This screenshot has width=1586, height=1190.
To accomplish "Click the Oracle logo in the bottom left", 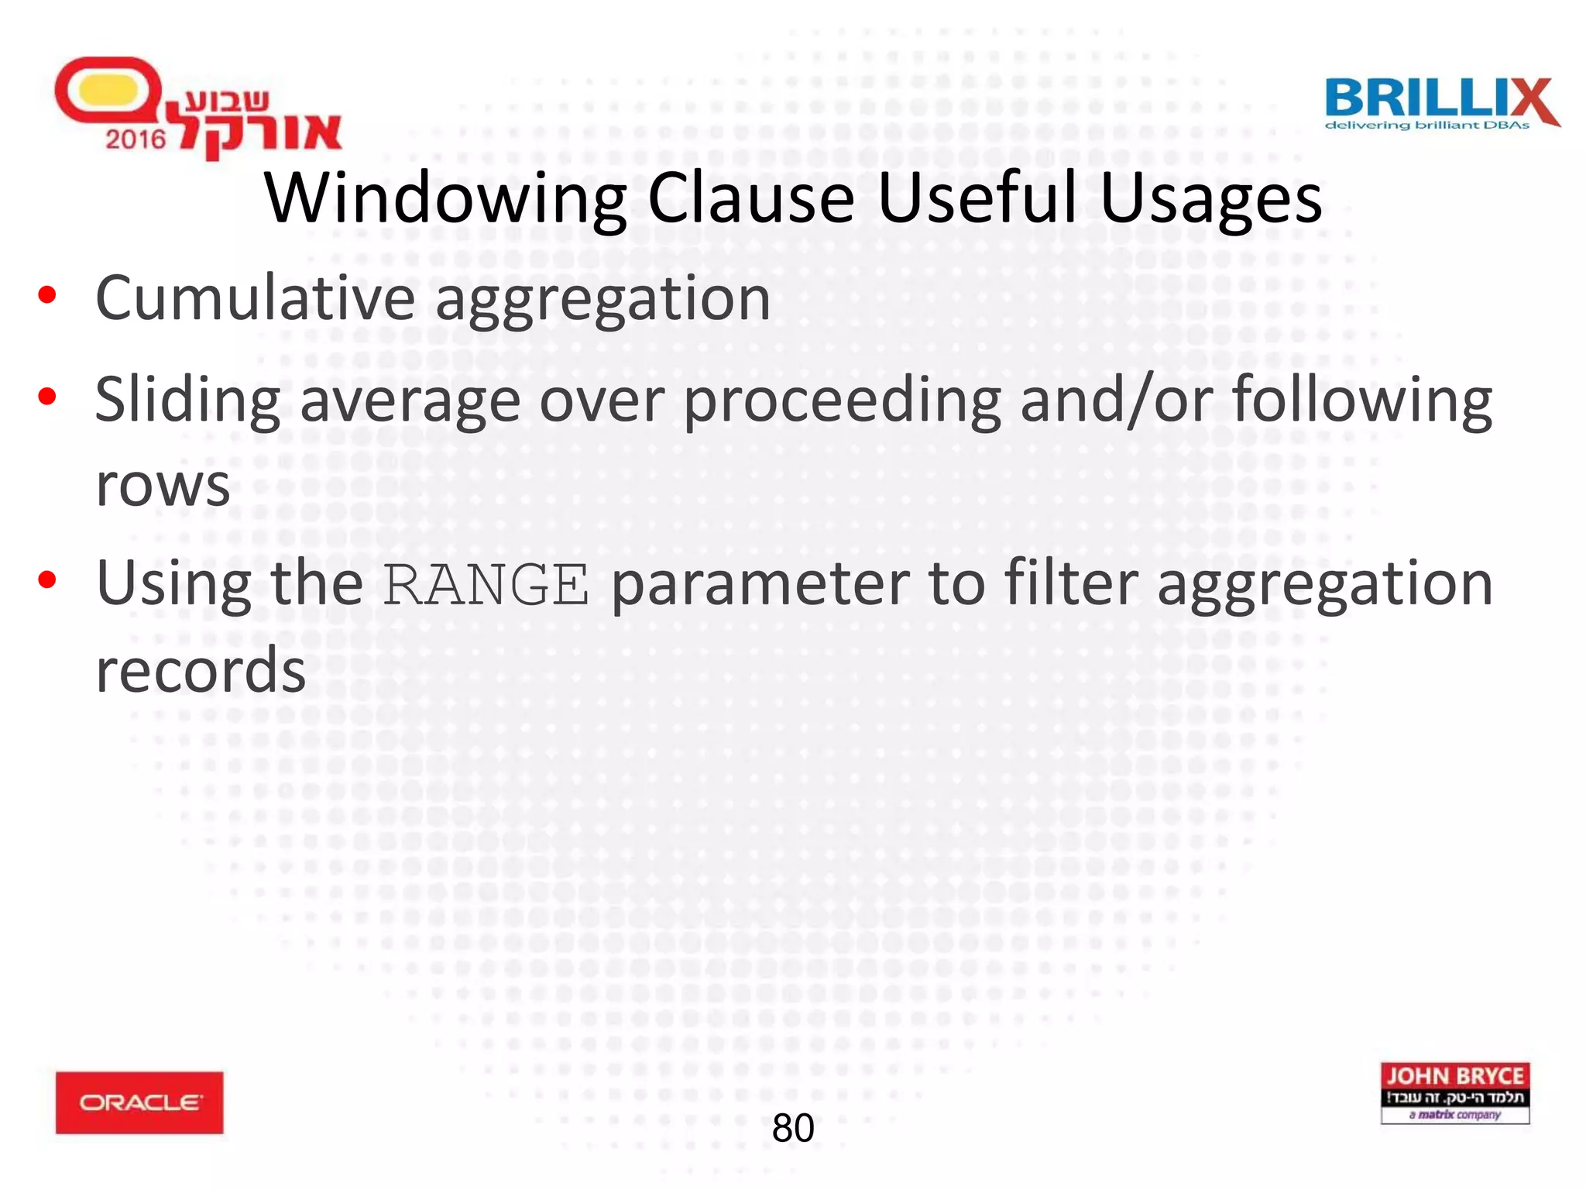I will [x=139, y=1102].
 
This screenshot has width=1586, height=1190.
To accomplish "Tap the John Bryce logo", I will [x=1454, y=1092].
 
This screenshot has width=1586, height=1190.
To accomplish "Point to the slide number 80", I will [x=793, y=1128].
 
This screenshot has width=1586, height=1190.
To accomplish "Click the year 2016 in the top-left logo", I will [x=136, y=139].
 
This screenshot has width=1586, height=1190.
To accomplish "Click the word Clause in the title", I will [x=750, y=199].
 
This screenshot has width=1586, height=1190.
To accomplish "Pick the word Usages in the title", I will [x=1210, y=199].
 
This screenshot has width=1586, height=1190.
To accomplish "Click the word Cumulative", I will [x=256, y=297].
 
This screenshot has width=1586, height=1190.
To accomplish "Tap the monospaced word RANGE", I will [x=486, y=585].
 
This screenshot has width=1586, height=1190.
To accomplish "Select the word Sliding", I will [x=187, y=401].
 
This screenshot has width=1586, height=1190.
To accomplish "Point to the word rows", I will [x=163, y=487].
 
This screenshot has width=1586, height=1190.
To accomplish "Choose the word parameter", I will [x=760, y=585].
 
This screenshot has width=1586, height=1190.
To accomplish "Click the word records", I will [x=201, y=671].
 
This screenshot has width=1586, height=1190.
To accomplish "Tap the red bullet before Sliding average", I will [x=47, y=397].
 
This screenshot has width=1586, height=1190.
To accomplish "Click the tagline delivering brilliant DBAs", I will [x=1426, y=126].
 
